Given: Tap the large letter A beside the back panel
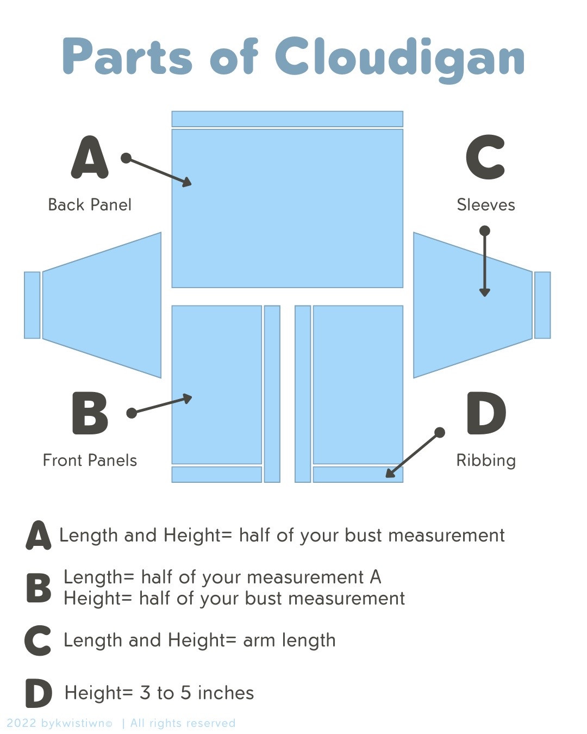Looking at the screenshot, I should point(90,158).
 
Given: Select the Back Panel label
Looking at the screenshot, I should point(90,205).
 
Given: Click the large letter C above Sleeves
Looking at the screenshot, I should point(485,158).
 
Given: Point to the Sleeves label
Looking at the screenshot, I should point(485,205).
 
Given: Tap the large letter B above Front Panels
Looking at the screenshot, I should point(90,413).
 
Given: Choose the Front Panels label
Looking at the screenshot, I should point(90,461).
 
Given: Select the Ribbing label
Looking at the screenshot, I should point(485,461).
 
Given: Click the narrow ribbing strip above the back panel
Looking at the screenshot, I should point(287,119).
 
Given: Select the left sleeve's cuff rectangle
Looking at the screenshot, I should point(32,305).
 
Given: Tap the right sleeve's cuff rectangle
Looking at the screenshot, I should point(542,305).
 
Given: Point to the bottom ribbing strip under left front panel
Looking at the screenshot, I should point(216,474).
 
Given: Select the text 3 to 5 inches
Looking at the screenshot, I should point(197,693).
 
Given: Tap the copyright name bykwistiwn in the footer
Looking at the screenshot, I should point(77,723).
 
